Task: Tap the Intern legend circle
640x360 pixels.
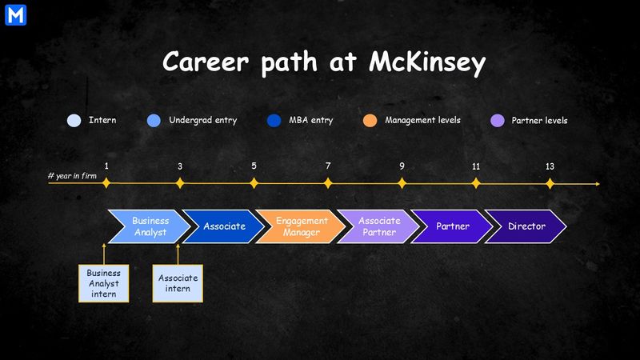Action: pyautogui.click(x=74, y=121)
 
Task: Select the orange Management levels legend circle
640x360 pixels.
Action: pyautogui.click(x=370, y=121)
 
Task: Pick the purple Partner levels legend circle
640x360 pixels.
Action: pyautogui.click(x=496, y=121)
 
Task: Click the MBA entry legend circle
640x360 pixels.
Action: pyautogui.click(x=274, y=121)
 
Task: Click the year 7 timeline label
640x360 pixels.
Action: pyautogui.click(x=328, y=166)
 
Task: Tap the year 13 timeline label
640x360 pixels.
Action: pyautogui.click(x=550, y=166)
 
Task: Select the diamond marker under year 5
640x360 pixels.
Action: pyautogui.click(x=254, y=183)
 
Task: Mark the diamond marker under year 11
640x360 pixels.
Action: pyautogui.click(x=476, y=183)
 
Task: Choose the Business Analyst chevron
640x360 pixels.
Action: pyautogui.click(x=149, y=226)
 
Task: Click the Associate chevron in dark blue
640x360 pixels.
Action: pyautogui.click(x=223, y=226)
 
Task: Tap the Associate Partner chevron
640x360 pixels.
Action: pyautogui.click(x=377, y=226)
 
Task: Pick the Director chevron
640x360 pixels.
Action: pyautogui.click(x=526, y=226)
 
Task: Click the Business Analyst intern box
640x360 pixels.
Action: pyautogui.click(x=103, y=282)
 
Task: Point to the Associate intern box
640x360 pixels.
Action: pyautogui.click(x=178, y=282)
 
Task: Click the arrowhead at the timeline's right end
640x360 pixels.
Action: pyautogui.click(x=597, y=184)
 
